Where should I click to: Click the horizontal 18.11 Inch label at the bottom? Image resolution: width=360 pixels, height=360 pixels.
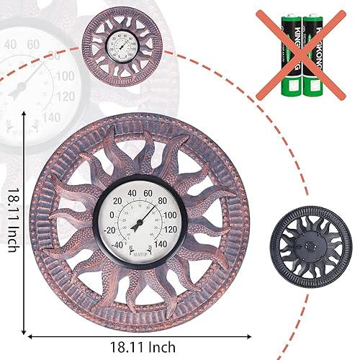pos(142,346)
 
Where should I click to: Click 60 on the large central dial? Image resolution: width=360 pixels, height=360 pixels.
pos(148,193)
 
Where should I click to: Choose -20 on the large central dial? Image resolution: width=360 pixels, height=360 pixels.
pos(110,230)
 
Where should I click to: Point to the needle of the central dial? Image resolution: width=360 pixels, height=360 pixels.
pos(145,216)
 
